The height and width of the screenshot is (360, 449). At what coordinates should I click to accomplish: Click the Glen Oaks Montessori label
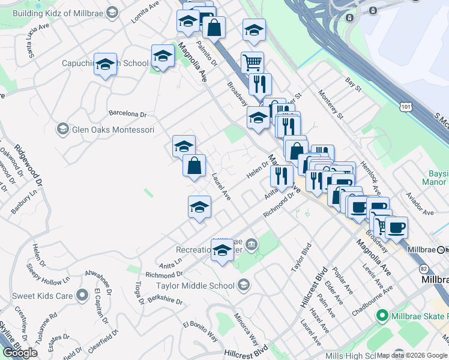point(113,130)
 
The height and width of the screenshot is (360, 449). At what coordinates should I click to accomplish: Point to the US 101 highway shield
point(407,107)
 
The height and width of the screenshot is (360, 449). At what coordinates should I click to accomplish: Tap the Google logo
point(20,353)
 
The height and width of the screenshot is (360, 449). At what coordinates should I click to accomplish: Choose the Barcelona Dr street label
point(127,113)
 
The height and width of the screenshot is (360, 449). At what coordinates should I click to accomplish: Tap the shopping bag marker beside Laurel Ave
point(194,167)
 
